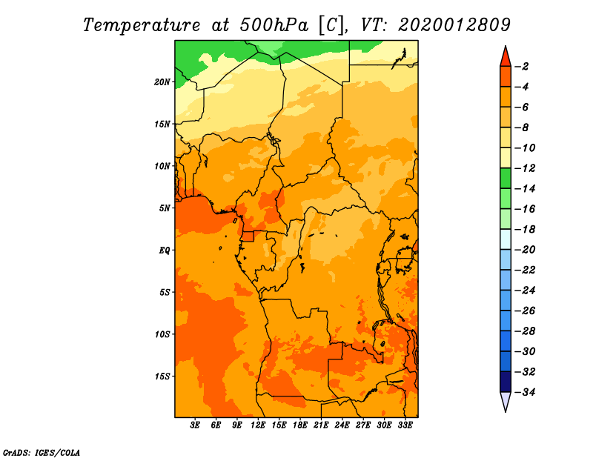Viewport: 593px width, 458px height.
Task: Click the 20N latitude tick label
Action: (162, 82)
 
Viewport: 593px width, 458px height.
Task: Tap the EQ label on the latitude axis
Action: (165, 250)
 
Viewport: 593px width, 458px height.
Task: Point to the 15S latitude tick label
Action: (162, 376)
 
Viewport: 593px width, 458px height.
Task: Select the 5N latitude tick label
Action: (165, 208)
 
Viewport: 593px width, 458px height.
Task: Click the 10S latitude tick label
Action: (162, 334)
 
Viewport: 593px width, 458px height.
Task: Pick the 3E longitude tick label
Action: (195, 425)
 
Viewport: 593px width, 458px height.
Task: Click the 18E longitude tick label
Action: (300, 425)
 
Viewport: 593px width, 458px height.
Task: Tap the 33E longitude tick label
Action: (405, 425)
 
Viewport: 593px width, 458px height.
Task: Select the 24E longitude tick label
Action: (342, 425)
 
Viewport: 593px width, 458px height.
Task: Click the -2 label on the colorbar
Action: (523, 67)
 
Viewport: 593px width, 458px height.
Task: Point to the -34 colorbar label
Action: (526, 392)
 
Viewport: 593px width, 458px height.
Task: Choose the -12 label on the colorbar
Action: (526, 168)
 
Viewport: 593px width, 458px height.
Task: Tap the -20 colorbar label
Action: (526, 250)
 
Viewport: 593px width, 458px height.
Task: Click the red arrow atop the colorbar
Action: (506, 57)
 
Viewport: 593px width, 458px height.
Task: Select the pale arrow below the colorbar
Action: (506, 402)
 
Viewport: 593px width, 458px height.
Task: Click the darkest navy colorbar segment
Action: (506, 382)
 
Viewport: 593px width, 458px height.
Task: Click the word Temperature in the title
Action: (142, 25)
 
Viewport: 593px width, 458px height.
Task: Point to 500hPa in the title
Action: (274, 25)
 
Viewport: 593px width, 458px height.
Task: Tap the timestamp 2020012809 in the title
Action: (454, 25)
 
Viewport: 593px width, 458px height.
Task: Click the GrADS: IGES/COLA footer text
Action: (42, 452)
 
